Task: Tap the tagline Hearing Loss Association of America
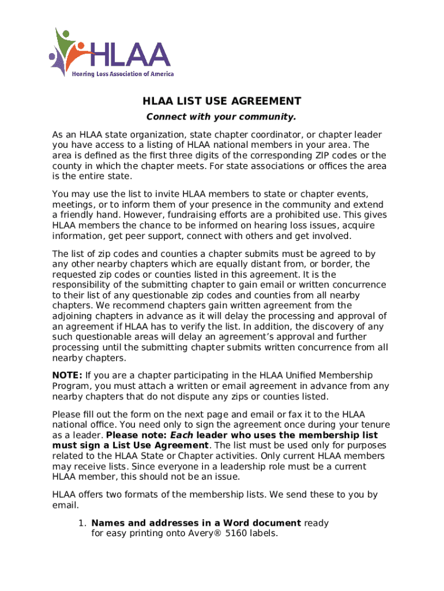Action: [122, 74]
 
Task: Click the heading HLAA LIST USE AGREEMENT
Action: [222, 102]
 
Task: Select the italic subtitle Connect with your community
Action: [221, 117]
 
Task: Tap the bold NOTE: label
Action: [67, 375]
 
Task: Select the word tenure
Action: [363, 425]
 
